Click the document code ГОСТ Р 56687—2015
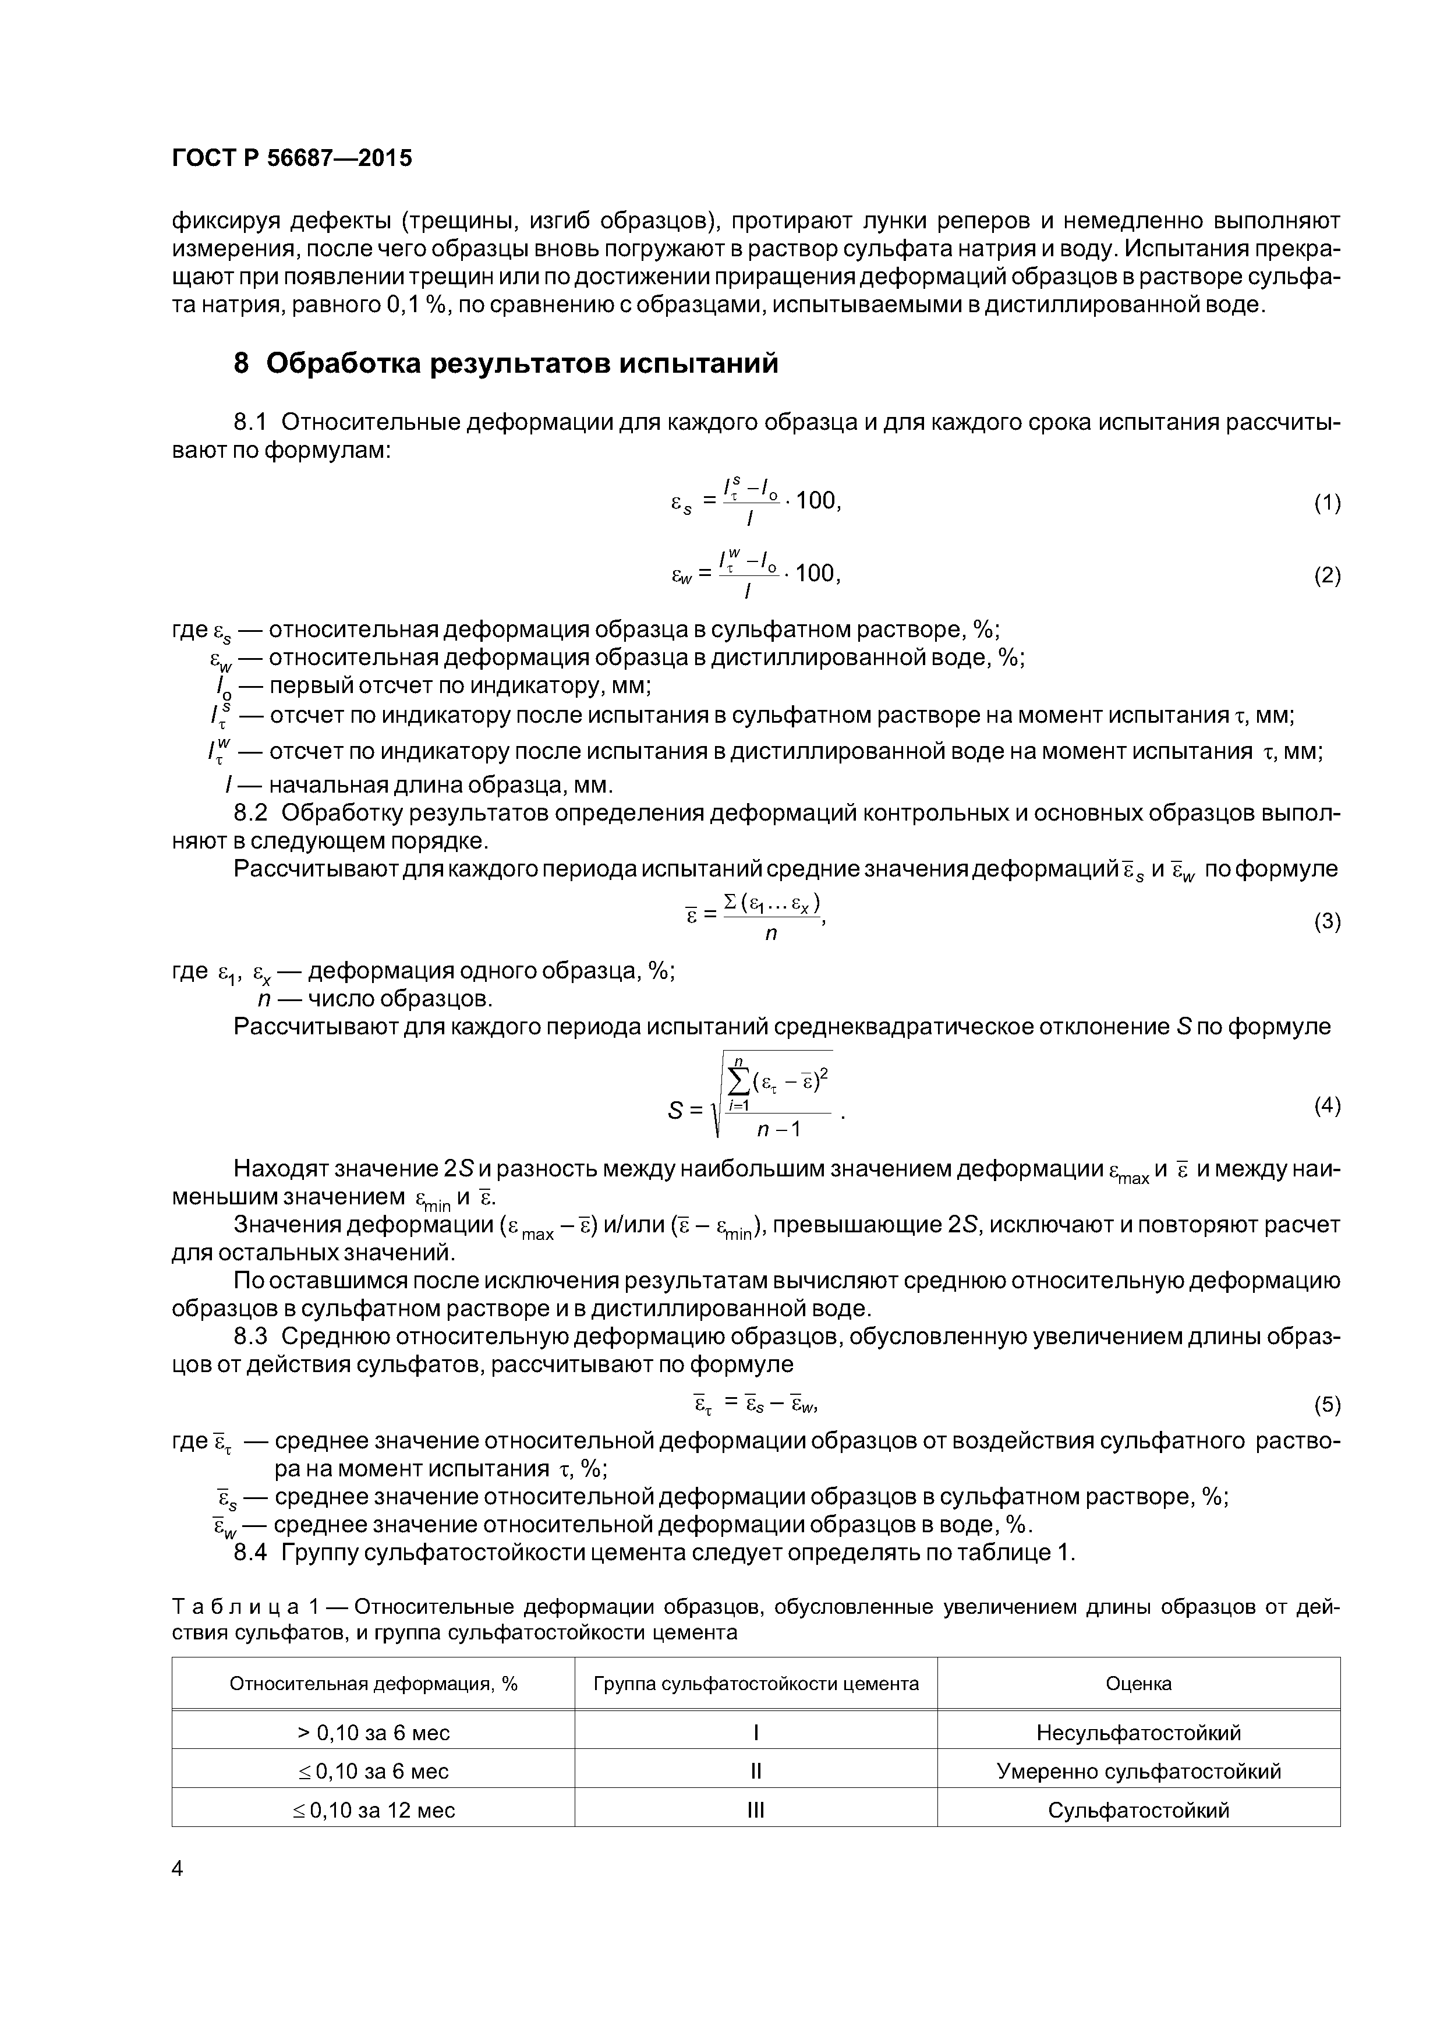[x=292, y=158]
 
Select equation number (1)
[x=1326, y=504]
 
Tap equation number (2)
[x=1326, y=577]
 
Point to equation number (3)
[x=1326, y=922]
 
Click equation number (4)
[x=1326, y=1106]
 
